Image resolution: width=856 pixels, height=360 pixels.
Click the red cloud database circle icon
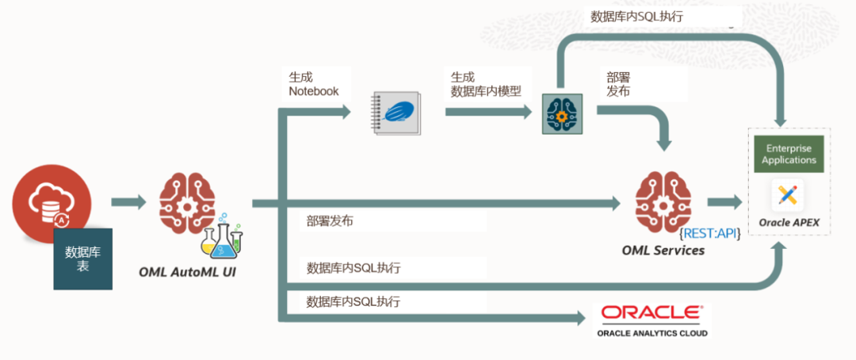47,199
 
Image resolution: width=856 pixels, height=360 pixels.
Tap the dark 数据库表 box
82,259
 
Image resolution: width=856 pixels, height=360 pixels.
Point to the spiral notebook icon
396,113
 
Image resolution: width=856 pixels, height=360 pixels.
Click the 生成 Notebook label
313,84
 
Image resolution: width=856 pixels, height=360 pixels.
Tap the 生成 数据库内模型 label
486,84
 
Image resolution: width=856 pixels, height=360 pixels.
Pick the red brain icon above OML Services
663,203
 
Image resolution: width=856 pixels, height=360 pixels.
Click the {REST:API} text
710,234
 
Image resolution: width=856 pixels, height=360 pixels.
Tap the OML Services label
663,251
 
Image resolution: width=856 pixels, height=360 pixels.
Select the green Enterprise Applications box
789,155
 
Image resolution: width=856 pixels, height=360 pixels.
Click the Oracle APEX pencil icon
788,194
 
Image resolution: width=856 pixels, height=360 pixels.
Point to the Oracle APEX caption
789,223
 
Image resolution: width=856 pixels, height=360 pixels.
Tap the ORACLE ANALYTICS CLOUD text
652,333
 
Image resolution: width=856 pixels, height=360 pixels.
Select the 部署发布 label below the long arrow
330,221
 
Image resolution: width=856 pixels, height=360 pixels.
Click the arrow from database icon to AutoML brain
129,202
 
